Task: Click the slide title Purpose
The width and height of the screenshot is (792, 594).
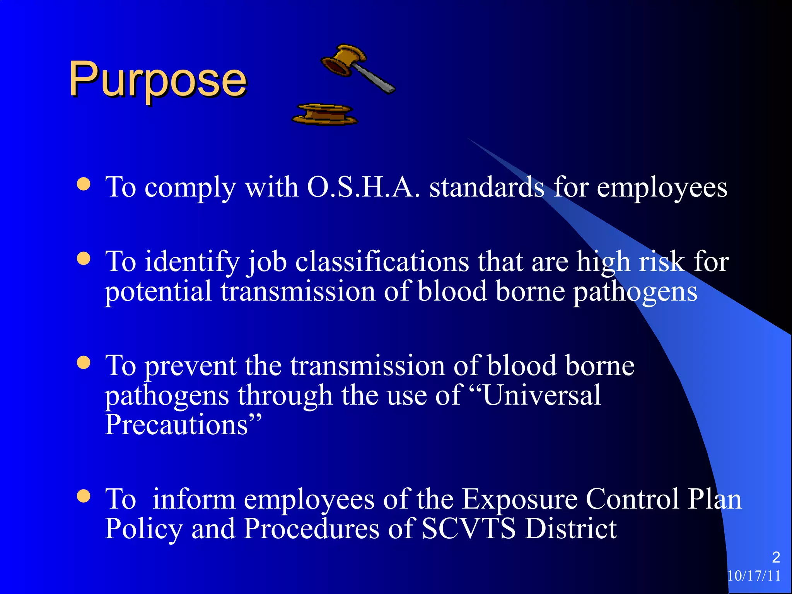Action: tap(157, 80)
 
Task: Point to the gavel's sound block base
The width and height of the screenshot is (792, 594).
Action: tap(325, 114)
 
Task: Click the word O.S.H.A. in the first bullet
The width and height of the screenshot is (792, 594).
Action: tap(363, 187)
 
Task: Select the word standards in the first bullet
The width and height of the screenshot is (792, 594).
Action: tap(487, 187)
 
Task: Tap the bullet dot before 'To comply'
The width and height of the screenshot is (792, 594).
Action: tap(84, 184)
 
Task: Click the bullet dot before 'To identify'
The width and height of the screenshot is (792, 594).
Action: tap(84, 258)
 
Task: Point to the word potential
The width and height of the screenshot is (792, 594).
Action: tap(158, 292)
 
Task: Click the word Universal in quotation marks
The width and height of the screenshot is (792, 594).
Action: tap(542, 395)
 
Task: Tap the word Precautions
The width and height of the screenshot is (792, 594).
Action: tap(176, 425)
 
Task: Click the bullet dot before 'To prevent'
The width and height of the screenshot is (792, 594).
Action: tap(84, 363)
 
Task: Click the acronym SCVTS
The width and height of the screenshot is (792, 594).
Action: tap(468, 529)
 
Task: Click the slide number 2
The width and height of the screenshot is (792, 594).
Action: tap(776, 557)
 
